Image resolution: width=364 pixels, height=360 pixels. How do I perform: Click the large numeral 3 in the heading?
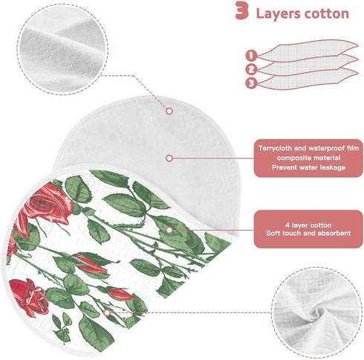point(242,10)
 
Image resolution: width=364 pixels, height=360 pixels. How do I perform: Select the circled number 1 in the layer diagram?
point(251,55)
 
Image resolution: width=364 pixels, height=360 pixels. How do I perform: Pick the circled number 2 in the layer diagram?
point(251,69)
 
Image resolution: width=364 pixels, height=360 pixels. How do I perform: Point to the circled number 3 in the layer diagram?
point(251,83)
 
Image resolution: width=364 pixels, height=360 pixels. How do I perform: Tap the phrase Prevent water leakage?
point(308,167)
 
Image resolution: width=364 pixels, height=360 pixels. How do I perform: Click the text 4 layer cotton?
point(308,225)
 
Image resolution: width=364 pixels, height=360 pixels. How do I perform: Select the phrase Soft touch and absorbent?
point(308,233)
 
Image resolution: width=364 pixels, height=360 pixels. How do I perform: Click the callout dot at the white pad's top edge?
point(169,111)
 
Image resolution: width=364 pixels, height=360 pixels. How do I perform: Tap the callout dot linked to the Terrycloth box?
point(169,158)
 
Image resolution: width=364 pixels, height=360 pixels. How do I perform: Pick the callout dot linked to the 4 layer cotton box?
point(169,231)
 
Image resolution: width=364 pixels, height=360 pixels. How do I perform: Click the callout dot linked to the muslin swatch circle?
point(107,313)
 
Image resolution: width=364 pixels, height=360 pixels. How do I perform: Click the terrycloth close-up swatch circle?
point(62,50)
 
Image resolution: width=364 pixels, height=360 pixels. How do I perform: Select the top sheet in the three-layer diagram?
point(308,51)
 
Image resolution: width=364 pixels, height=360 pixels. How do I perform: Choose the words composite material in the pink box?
point(308,158)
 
